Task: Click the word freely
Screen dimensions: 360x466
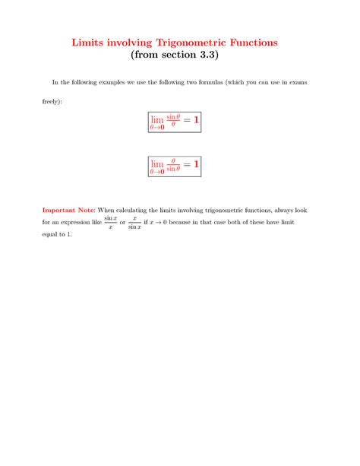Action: [52, 100]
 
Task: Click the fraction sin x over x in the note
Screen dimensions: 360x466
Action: [110, 222]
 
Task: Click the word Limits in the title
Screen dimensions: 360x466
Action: [92, 43]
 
